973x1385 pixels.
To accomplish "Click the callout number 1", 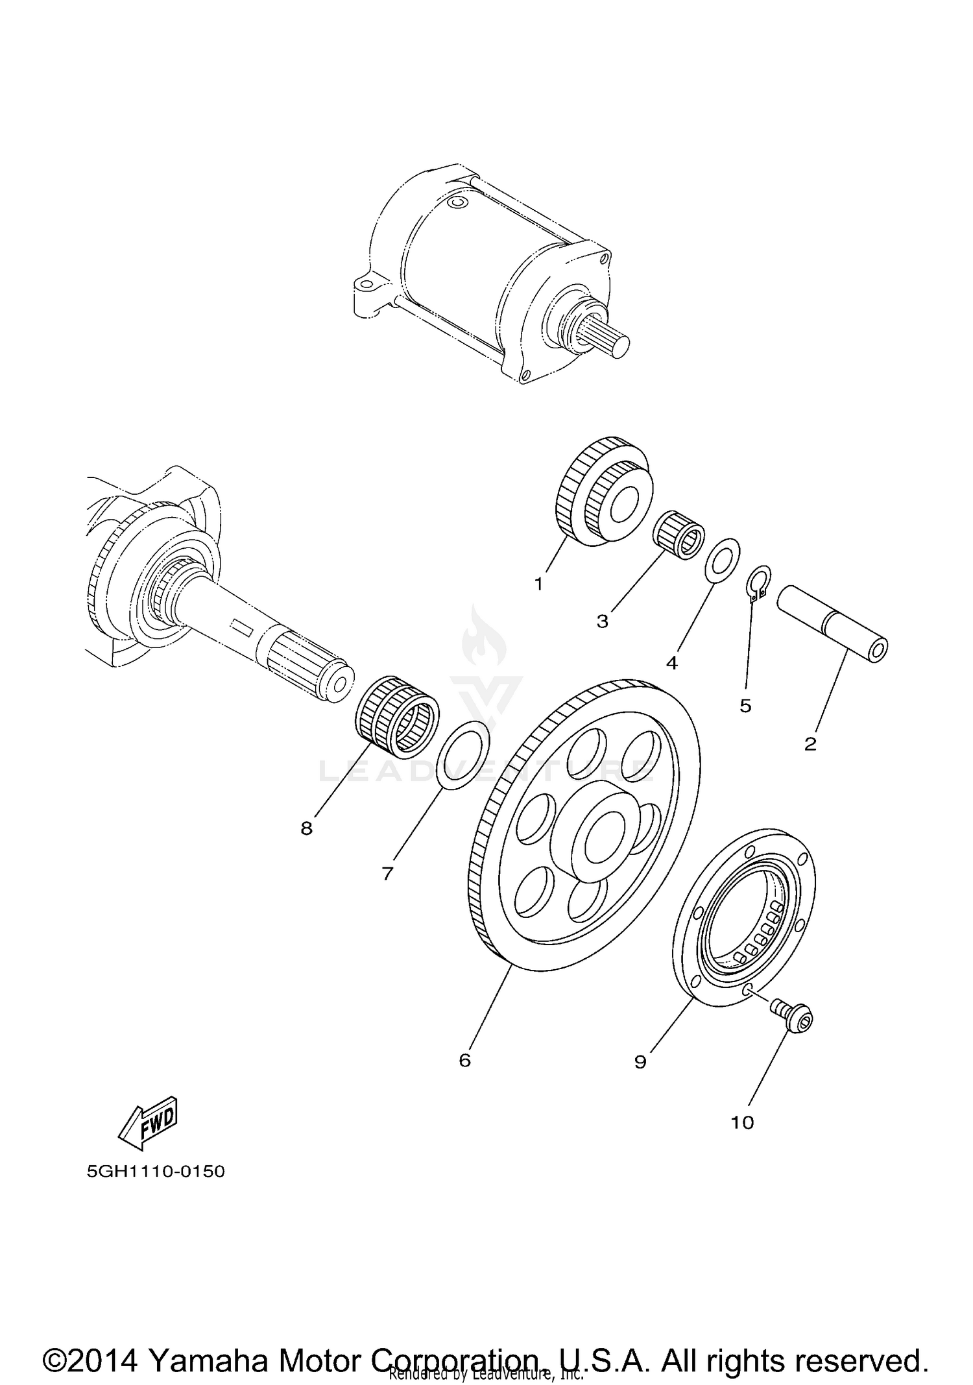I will pyautogui.click(x=538, y=584).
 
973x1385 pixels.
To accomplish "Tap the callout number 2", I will pyautogui.click(x=810, y=744).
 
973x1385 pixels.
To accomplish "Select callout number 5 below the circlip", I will pyautogui.click(x=745, y=705).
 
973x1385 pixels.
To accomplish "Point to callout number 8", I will pyautogui.click(x=306, y=828).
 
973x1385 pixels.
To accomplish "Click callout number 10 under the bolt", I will pyautogui.click(x=743, y=1122).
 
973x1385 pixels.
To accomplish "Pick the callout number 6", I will pyautogui.click(x=464, y=1060).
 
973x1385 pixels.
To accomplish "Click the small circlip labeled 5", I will pyautogui.click(x=756, y=581).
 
